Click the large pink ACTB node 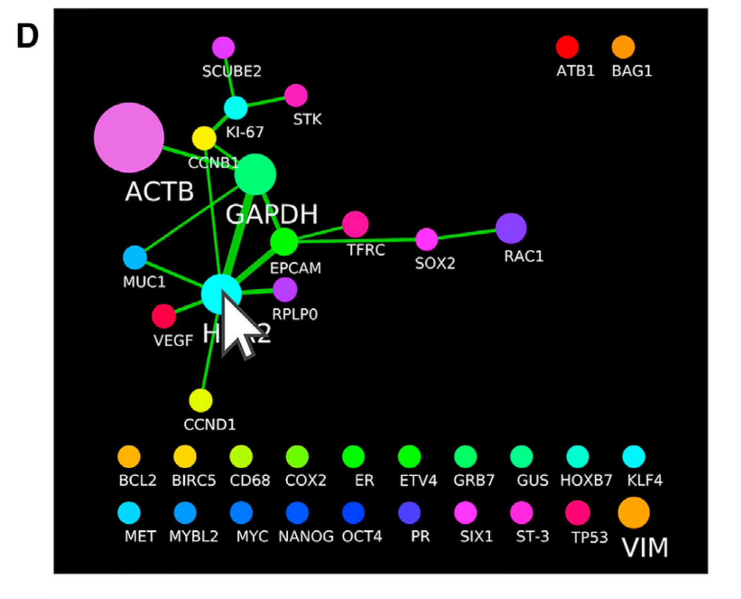tap(129, 137)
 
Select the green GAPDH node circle tap(255, 175)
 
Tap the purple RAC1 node tap(511, 228)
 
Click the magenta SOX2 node tap(426, 239)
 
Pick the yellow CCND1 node tap(201, 400)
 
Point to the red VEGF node tap(164, 316)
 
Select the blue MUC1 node tap(135, 257)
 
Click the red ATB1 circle tap(567, 47)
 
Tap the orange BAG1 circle tap(623, 47)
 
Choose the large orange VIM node tap(634, 513)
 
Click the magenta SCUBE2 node tap(223, 48)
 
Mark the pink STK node tap(296, 96)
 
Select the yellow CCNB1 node tap(204, 138)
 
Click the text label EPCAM tap(295, 268)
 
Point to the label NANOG tap(306, 536)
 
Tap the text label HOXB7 tap(586, 480)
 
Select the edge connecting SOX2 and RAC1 tap(467, 234)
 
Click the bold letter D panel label tap(27, 36)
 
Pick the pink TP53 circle tap(578, 513)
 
